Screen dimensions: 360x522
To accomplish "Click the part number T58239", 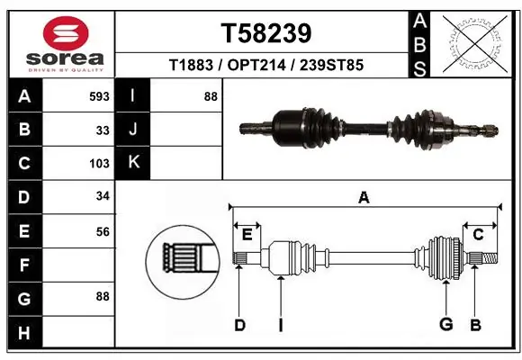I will (265, 32).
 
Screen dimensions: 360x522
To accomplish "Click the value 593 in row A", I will (99, 96).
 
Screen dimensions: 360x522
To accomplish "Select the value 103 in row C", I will (99, 164).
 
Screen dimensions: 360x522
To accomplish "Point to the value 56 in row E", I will (103, 231).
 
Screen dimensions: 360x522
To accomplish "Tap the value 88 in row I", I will (211, 96).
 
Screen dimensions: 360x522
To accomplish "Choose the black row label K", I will (133, 163).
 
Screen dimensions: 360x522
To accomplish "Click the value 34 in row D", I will (103, 197).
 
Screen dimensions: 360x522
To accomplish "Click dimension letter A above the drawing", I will (364, 198).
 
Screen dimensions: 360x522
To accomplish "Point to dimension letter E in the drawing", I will (247, 235).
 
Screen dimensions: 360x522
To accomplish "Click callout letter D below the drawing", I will (239, 325).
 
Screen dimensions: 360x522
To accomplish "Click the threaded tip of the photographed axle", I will (490, 128).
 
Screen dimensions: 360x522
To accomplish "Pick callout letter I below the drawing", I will (280, 325).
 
